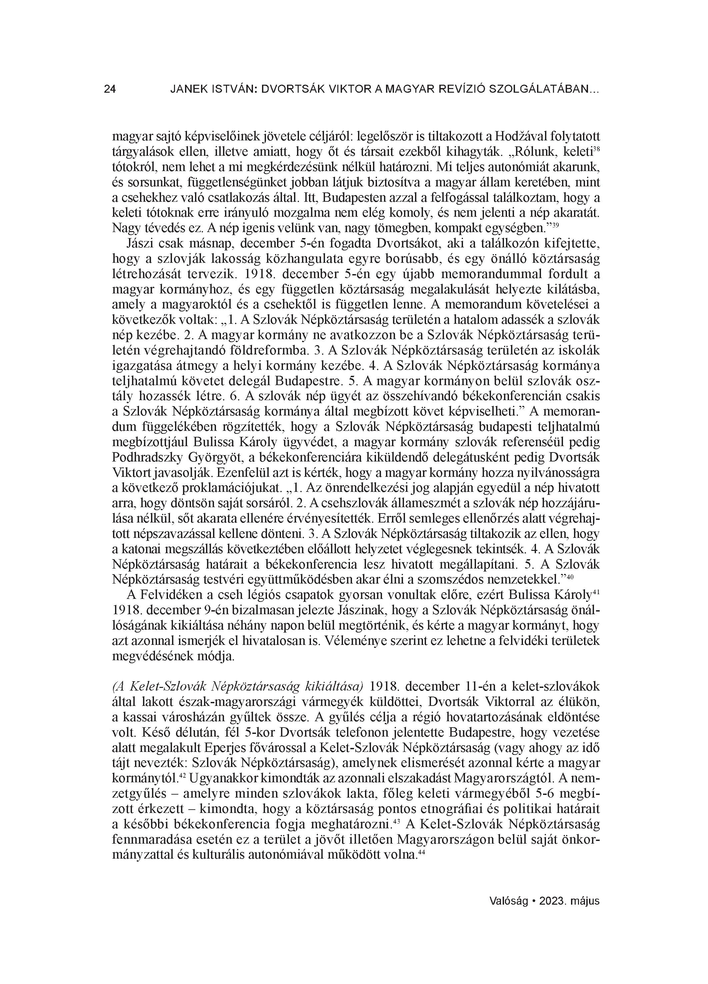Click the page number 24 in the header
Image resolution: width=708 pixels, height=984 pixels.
(110, 89)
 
